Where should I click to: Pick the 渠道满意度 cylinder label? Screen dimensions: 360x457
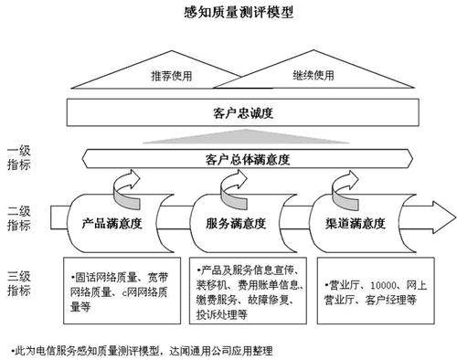click(349, 222)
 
